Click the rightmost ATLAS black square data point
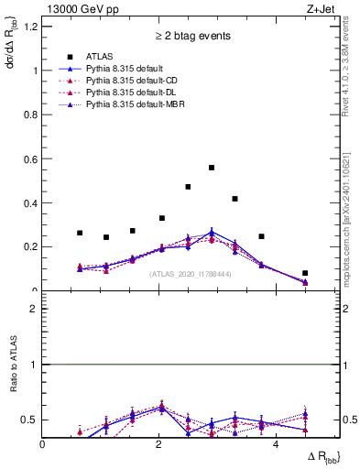coord(305,273)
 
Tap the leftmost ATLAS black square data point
coord(80,233)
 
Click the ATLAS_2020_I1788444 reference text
coord(190,273)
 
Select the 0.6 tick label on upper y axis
coord(31,158)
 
